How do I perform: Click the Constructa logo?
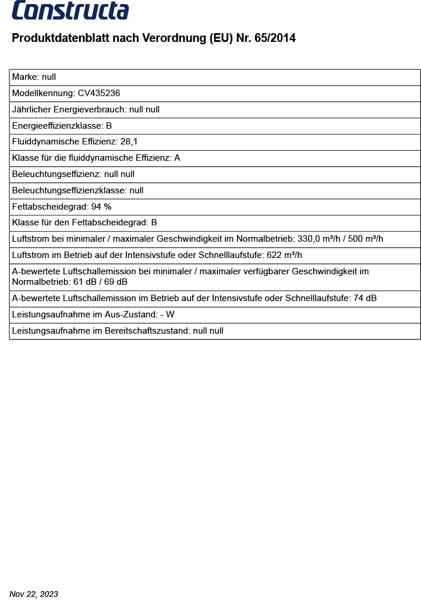pyautogui.click(x=70, y=10)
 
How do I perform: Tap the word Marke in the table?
pyautogui.click(x=25, y=77)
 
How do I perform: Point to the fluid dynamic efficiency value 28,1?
pyautogui.click(x=129, y=142)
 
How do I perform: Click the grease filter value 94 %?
pyautogui.click(x=101, y=207)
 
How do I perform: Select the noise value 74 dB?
pyautogui.click(x=365, y=298)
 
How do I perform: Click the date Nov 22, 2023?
pyautogui.click(x=34, y=594)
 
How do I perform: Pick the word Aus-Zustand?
pyautogui.click(x=133, y=314)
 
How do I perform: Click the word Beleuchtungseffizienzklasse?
pyautogui.click(x=69, y=190)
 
